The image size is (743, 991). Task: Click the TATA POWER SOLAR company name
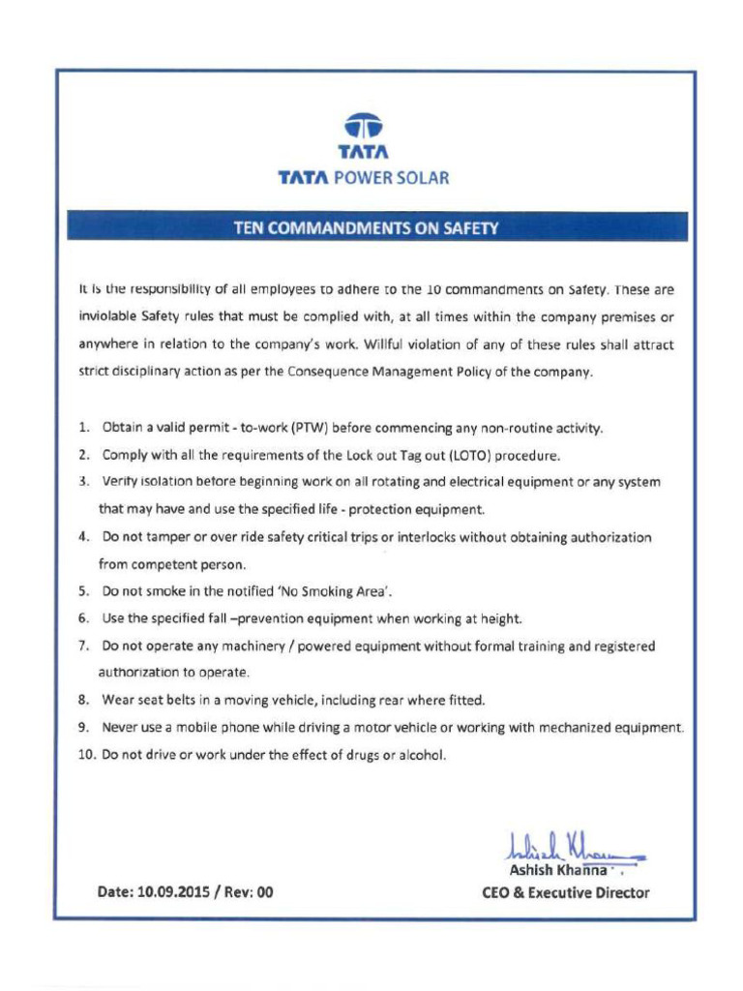coord(364,178)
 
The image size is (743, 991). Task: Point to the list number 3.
coord(83,482)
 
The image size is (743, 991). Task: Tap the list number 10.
coord(86,754)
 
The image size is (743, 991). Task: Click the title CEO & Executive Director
coord(565,892)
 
